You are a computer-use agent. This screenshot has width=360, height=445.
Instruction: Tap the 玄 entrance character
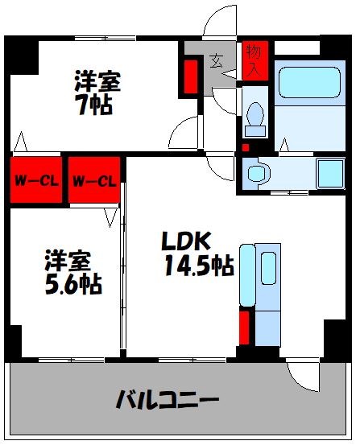[x=218, y=60]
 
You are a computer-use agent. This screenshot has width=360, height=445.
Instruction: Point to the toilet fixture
[x=255, y=117]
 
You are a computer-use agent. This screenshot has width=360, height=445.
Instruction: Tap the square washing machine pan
[x=330, y=172]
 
